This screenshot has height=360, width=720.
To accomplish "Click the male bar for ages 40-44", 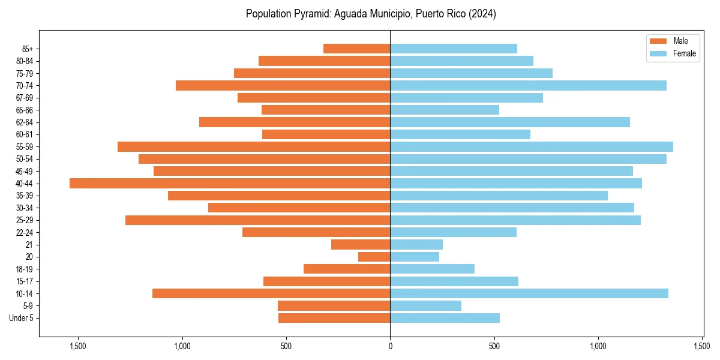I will (230, 183).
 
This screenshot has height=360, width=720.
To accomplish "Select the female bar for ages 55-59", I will (532, 146).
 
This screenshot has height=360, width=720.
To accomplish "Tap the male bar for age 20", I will (374, 257).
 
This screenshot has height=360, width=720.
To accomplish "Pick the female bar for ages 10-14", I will (529, 293).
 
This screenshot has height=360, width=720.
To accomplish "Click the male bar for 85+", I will (357, 49).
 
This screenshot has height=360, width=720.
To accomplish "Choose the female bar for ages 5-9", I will (426, 305).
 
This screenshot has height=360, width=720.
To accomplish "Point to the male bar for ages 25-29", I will (258, 220).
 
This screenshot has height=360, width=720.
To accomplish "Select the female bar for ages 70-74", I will (528, 85).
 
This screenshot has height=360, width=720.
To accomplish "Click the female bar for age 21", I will (416, 244).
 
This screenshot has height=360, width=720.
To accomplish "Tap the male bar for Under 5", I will (334, 318).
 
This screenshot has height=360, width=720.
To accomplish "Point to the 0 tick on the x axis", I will (390, 346).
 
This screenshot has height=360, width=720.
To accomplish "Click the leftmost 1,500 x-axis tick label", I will (78, 346).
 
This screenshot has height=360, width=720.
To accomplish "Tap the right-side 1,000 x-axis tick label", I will (598, 346).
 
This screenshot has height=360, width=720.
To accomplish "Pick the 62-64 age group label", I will (25, 122).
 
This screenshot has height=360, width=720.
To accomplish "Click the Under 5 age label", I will (22, 318).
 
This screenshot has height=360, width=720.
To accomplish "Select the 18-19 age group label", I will (25, 269).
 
